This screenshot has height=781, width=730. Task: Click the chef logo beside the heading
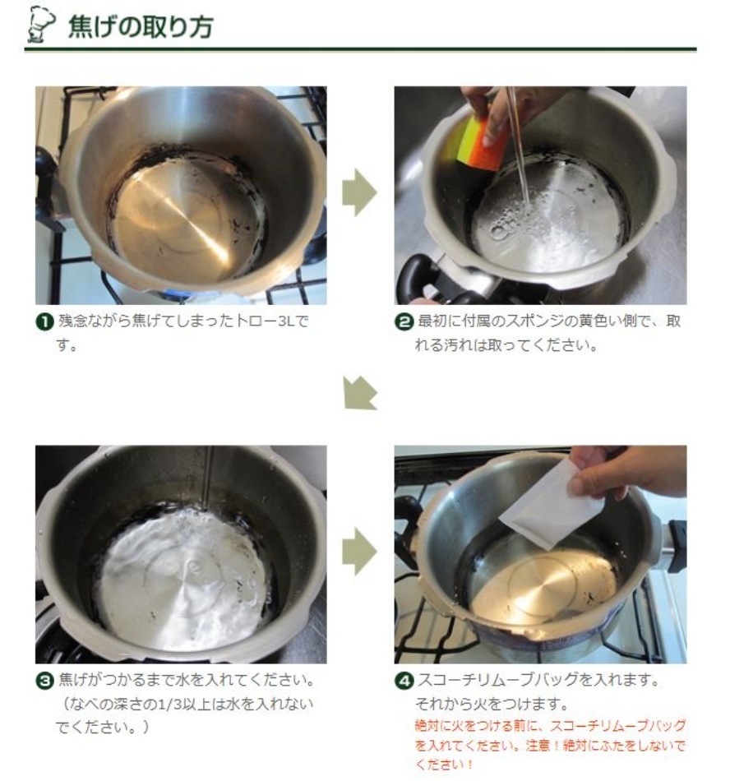[41, 25]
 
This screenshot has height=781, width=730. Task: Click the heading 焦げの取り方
[141, 26]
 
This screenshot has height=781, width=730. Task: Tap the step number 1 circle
[45, 322]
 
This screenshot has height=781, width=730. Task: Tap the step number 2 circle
[404, 322]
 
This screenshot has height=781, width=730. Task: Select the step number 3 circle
[45, 681]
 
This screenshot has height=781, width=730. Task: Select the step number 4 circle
[404, 681]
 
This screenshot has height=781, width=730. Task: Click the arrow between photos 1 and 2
[359, 192]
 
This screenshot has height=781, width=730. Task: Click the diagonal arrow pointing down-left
[359, 393]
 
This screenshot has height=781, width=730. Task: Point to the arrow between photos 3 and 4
[359, 552]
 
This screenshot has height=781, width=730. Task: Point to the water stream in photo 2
[519, 150]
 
